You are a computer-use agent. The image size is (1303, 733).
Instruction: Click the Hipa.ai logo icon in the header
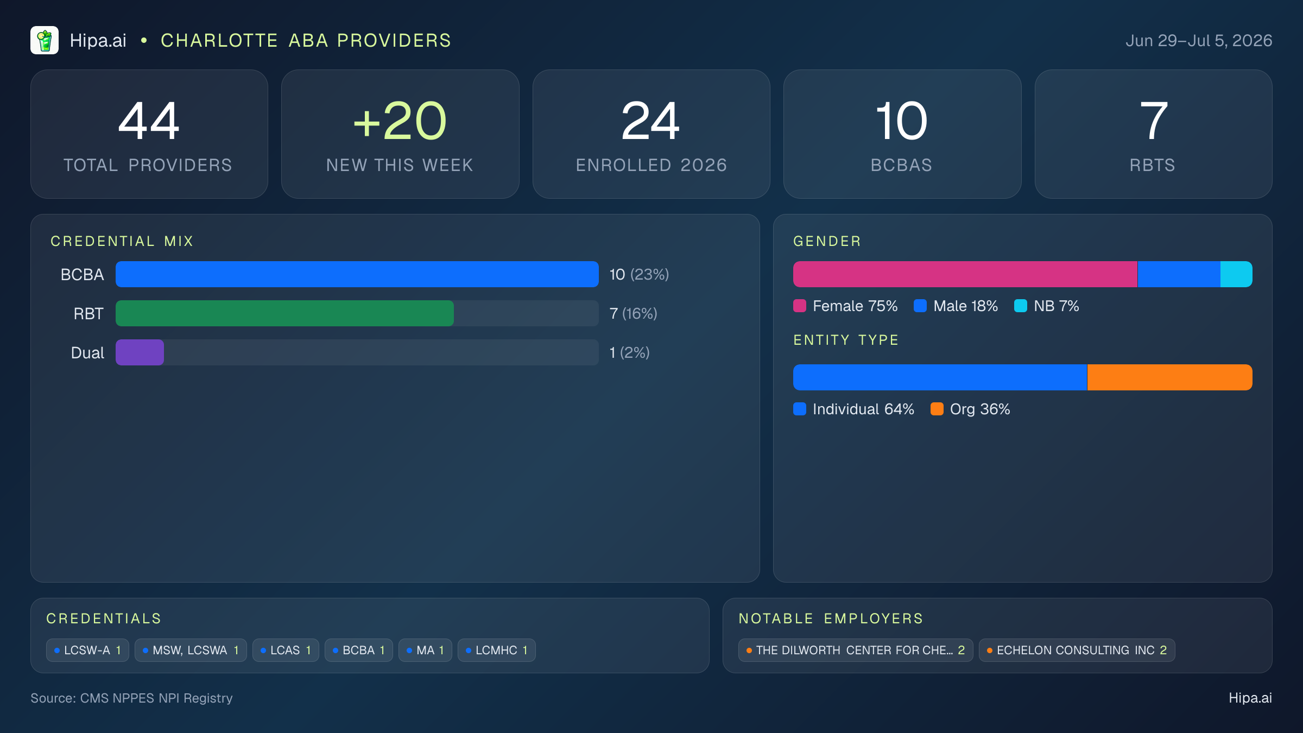(x=45, y=40)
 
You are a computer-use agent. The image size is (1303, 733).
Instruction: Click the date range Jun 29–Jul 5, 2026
(x=1199, y=41)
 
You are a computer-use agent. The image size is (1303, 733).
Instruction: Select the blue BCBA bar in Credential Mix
(x=357, y=274)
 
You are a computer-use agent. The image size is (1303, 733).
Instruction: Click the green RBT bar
(x=284, y=313)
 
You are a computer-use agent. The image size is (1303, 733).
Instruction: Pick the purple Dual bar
(x=140, y=352)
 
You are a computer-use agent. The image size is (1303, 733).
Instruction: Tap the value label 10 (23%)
(x=639, y=274)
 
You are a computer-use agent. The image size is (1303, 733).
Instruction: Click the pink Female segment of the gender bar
(x=965, y=274)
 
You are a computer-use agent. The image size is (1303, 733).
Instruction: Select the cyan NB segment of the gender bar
(x=1236, y=274)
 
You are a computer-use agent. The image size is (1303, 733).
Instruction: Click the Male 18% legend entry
(x=956, y=306)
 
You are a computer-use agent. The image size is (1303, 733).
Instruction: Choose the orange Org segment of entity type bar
(x=1170, y=377)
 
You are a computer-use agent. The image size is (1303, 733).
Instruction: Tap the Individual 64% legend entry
(x=853, y=409)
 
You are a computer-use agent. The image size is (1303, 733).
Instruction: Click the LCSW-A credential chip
(x=87, y=650)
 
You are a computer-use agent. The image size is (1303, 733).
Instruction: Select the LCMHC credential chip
(x=497, y=650)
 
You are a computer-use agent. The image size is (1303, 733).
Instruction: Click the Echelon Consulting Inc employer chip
(x=1077, y=650)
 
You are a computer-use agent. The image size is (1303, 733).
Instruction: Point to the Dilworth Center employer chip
(x=856, y=650)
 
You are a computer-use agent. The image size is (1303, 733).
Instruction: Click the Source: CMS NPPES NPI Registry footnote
(x=131, y=698)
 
